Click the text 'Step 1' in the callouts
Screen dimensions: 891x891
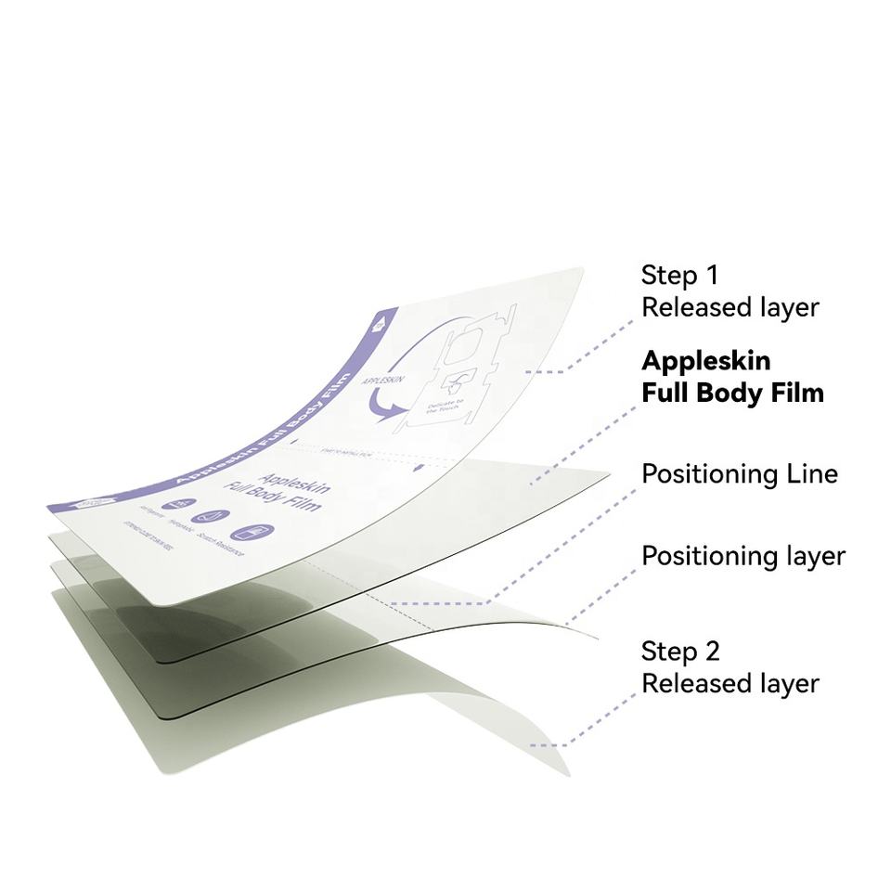coord(680,275)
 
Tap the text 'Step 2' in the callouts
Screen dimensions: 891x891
coord(680,651)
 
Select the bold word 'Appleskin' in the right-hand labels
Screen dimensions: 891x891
coord(705,360)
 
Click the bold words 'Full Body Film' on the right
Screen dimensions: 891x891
coord(732,393)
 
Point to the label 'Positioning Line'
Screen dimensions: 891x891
coord(740,474)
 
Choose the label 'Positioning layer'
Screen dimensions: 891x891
coord(743,556)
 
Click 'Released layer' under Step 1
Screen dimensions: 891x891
coord(730,307)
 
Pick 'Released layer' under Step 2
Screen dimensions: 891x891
coord(730,684)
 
